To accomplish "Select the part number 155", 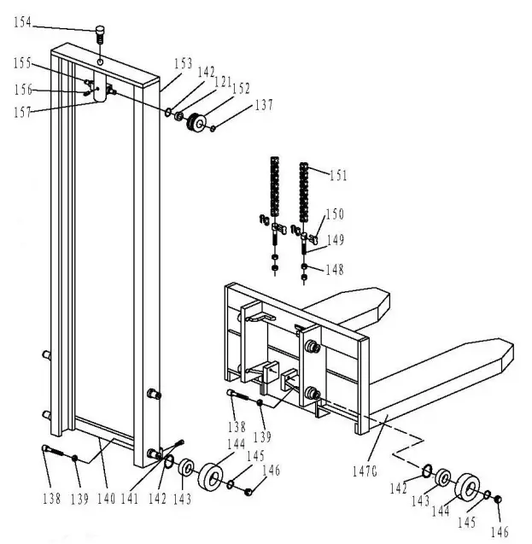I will (24, 63).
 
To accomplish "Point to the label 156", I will (23, 88).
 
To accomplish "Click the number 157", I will (23, 111).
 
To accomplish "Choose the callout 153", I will (183, 64).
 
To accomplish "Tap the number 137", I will (263, 105).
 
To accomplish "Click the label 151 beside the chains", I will (337, 176).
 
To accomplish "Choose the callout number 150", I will (331, 214).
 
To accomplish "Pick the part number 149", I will (336, 240).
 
